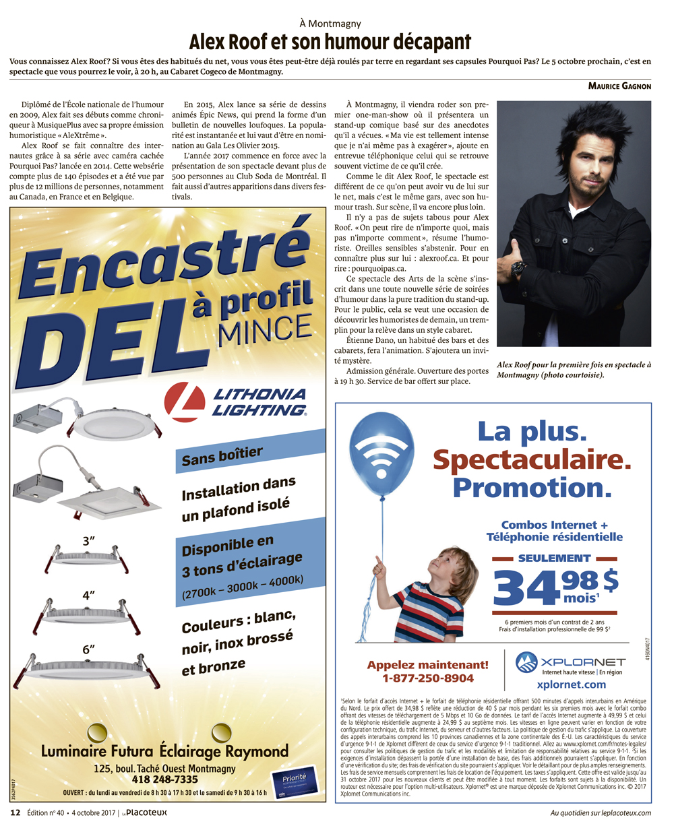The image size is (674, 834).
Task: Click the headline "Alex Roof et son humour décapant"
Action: click(330, 42)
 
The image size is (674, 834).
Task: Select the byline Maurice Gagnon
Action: click(619, 86)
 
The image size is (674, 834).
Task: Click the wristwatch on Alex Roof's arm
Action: click(518, 269)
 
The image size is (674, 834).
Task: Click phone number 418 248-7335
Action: click(164, 779)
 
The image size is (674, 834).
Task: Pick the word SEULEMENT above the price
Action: click(554, 558)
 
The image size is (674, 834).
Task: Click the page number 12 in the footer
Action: click(15, 812)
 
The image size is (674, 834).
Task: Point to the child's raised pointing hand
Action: click(379, 565)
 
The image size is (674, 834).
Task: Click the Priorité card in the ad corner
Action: click(293, 784)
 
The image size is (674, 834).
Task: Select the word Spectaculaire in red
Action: click(532, 460)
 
